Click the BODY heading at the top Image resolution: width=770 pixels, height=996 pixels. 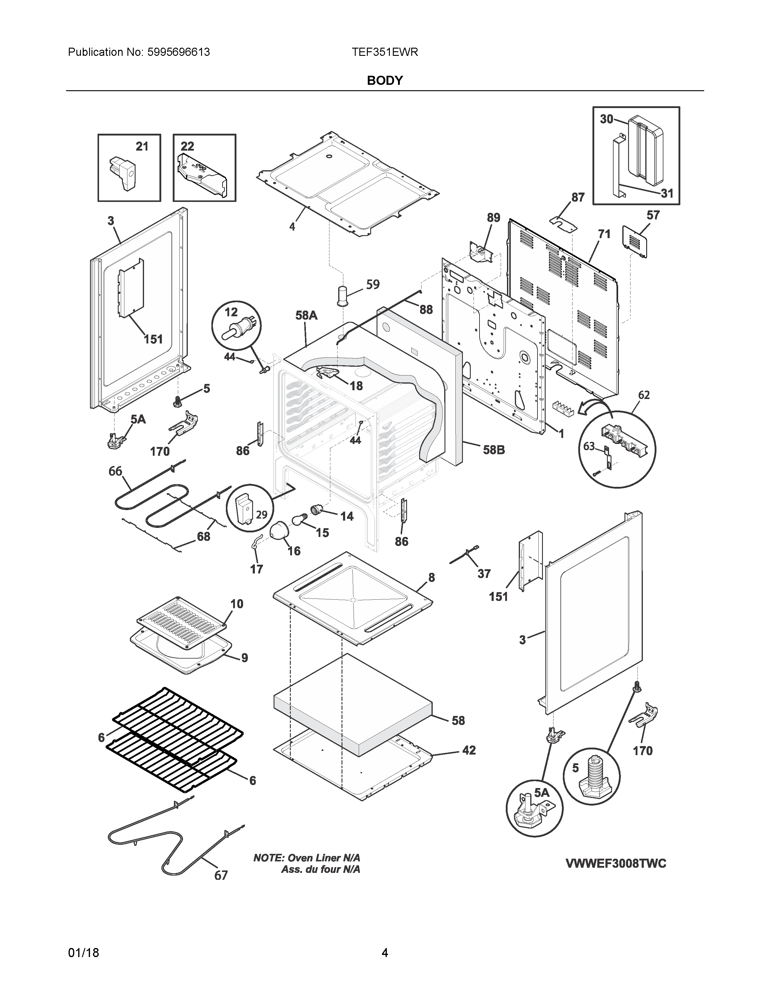click(384, 81)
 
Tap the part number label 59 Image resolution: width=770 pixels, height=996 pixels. click(373, 285)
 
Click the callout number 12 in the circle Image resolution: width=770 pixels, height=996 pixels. click(231, 312)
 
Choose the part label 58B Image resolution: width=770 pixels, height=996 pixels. click(494, 450)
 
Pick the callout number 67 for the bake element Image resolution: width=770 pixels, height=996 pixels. click(221, 875)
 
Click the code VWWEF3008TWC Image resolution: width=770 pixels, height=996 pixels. click(616, 863)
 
